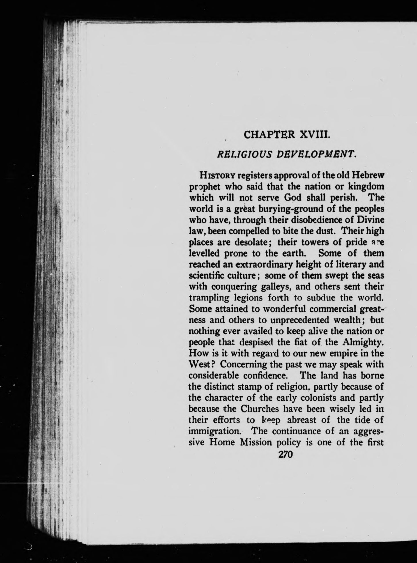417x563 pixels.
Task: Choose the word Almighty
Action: (364, 342)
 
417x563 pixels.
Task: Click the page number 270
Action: (284, 454)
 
